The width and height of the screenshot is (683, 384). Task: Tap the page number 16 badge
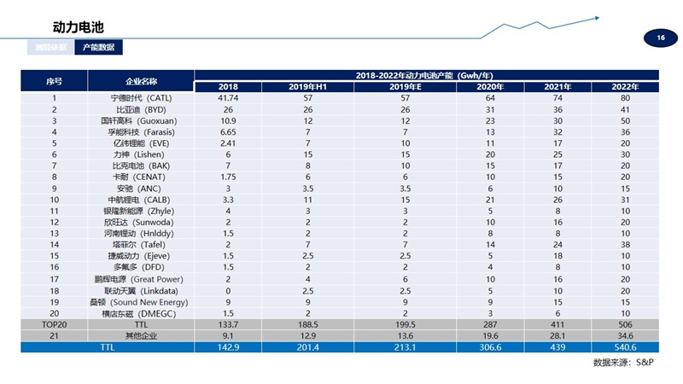[660, 38]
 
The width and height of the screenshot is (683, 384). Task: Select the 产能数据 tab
[98, 48]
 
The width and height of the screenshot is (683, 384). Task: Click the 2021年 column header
[556, 87]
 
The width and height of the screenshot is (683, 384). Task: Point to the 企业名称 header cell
[141, 81]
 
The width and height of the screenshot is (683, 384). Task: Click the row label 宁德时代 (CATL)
[142, 99]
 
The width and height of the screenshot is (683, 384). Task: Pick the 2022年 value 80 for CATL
[626, 99]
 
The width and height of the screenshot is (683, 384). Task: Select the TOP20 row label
[54, 324]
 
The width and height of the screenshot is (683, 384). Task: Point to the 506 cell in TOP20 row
[626, 324]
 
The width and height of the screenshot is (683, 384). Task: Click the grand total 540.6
[626, 346]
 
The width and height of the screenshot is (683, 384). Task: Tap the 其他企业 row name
[142, 335]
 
